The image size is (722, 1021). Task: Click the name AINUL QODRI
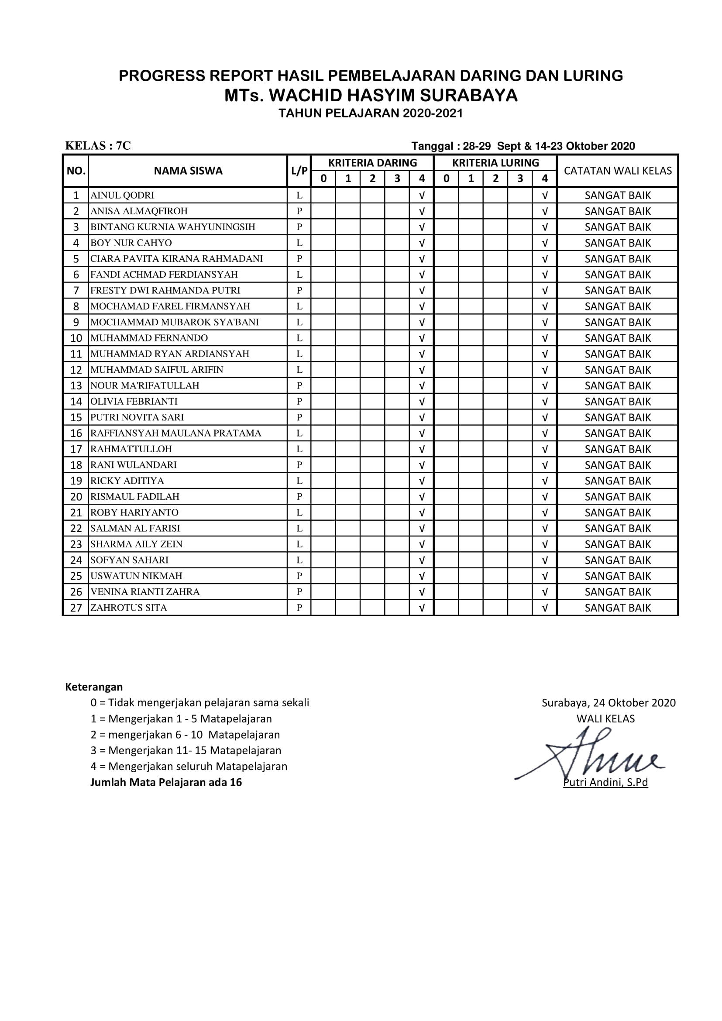pos(122,195)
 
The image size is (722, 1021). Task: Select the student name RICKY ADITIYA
pos(127,481)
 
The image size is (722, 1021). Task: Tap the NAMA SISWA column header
pos(188,171)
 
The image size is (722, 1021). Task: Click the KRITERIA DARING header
pos(372,163)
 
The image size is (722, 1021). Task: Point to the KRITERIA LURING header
pos(495,163)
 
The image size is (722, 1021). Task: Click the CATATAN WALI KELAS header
pos(618,171)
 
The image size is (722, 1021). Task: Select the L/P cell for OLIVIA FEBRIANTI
pos(299,402)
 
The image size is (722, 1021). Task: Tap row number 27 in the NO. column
pos(76,608)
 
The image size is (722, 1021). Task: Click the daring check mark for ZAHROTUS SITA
pos(422,608)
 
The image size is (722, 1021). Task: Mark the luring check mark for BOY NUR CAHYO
pos(545,243)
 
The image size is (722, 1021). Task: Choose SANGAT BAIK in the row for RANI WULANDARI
pos(618,465)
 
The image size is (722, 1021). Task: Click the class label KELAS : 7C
pos(98,146)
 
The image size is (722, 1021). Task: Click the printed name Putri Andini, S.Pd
pos(605,782)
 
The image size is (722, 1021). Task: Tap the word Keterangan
pos(94,687)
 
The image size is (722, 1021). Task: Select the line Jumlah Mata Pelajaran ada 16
pos(166,782)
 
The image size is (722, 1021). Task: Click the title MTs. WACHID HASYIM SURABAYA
pos(371,95)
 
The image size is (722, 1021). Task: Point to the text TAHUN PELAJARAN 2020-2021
pos(371,113)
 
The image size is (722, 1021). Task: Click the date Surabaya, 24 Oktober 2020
pos(608,703)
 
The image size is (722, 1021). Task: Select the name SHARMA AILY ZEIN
pos(137,544)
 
